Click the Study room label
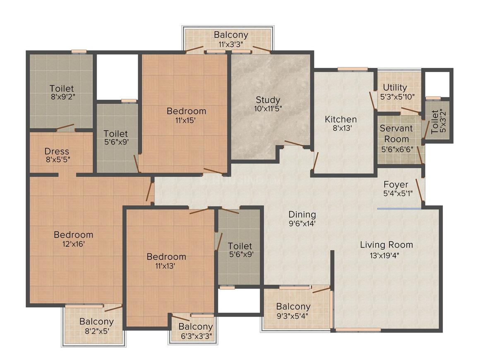pyautogui.click(x=268, y=100)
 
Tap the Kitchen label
pyautogui.click(x=341, y=119)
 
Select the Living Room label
pyautogui.click(x=386, y=245)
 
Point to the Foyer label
pyautogui.click(x=396, y=185)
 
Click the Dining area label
pyautogui.click(x=302, y=214)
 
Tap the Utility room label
pyautogui.click(x=395, y=87)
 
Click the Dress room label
pyautogui.click(x=57, y=151)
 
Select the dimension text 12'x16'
pyautogui.click(x=73, y=244)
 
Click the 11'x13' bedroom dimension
pyautogui.click(x=166, y=266)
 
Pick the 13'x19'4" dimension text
pyautogui.click(x=386, y=255)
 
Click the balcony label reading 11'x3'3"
pyautogui.click(x=230, y=43)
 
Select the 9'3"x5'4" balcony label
pyautogui.click(x=293, y=316)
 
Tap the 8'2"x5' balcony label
pyautogui.click(x=96, y=331)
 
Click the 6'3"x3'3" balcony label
pyautogui.click(x=195, y=336)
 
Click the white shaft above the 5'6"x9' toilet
pyautogui.click(x=117, y=77)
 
